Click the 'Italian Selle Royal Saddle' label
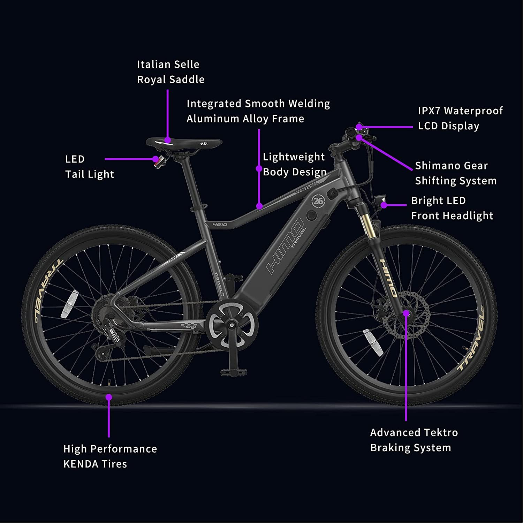[170, 72]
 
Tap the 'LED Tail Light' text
[90, 167]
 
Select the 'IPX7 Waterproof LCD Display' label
[460, 118]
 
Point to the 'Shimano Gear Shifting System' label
[456, 173]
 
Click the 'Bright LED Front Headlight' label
[452, 208]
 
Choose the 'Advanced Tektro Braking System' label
[414, 440]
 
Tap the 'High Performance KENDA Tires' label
[110, 456]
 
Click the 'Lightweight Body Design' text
[295, 164]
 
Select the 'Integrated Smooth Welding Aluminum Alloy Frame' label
[258, 111]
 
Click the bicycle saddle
[184, 143]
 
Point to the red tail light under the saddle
[159, 162]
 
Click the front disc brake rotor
[406, 314]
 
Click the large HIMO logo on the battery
[284, 246]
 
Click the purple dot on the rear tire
[109, 397]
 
